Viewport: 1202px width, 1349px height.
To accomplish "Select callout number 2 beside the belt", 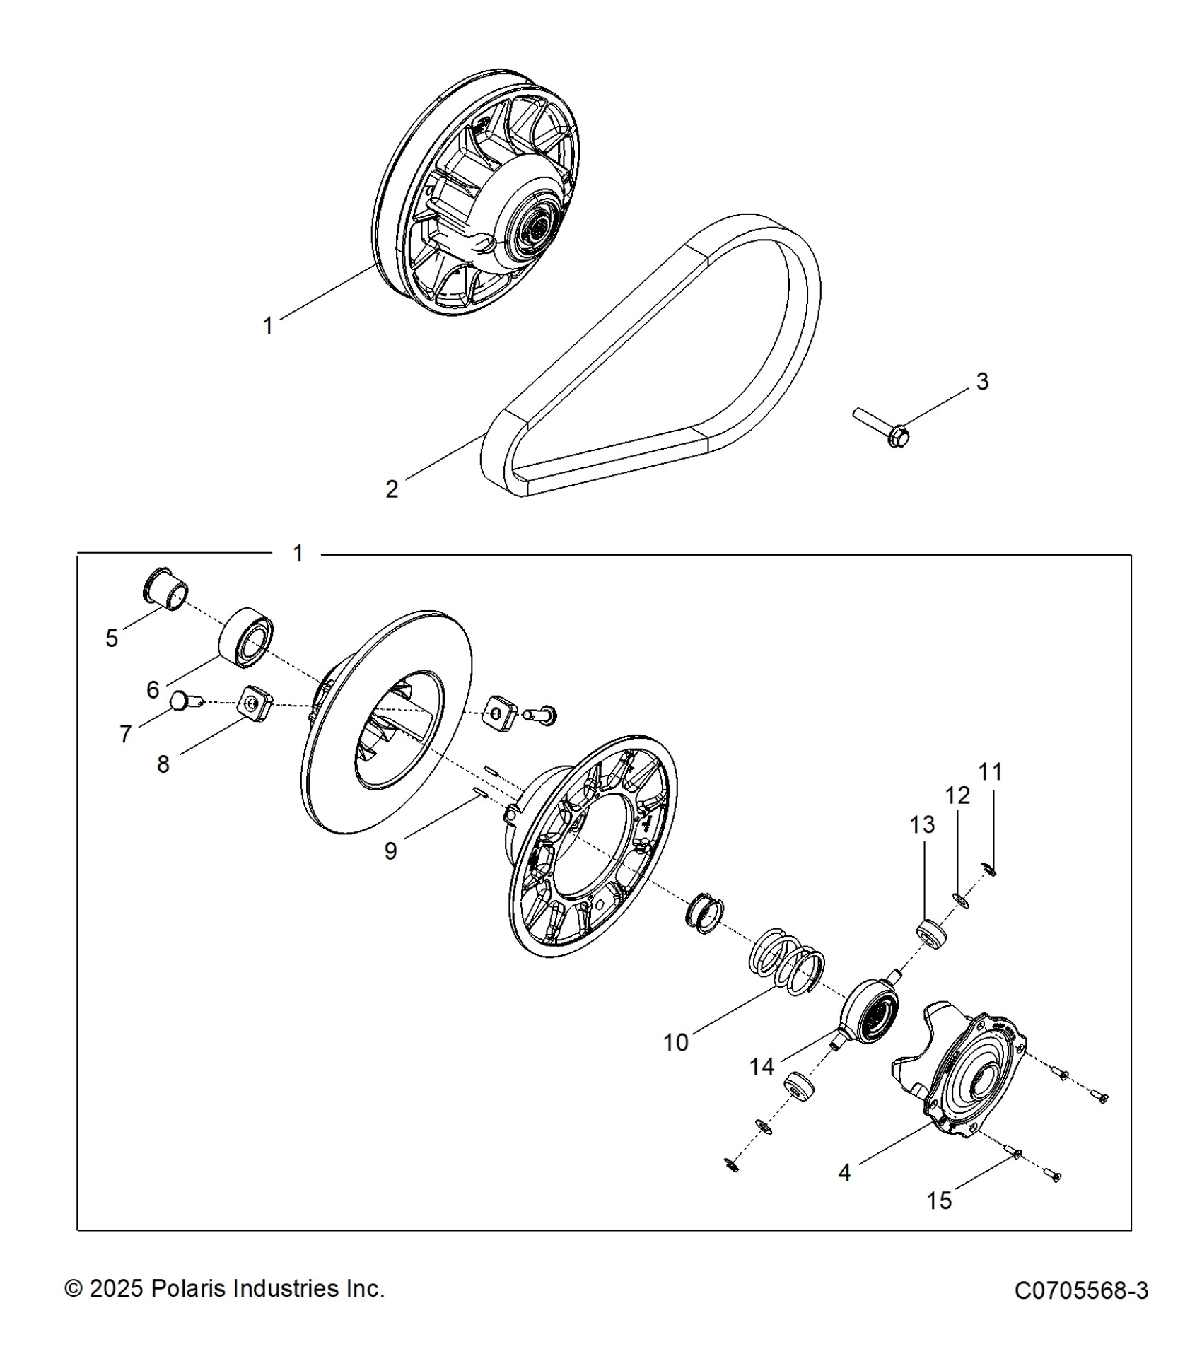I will point(392,489).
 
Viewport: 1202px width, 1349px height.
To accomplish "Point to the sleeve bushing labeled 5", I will point(167,588).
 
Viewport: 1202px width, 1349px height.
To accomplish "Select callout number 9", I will point(390,851).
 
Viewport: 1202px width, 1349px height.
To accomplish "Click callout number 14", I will point(762,1066).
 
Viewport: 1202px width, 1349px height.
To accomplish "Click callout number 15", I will point(939,1201).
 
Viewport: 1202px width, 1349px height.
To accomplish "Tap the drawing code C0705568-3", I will point(1081,1290).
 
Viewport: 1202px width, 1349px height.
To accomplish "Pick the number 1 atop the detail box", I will point(298,554).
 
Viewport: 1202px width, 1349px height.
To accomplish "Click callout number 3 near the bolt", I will point(982,382).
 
